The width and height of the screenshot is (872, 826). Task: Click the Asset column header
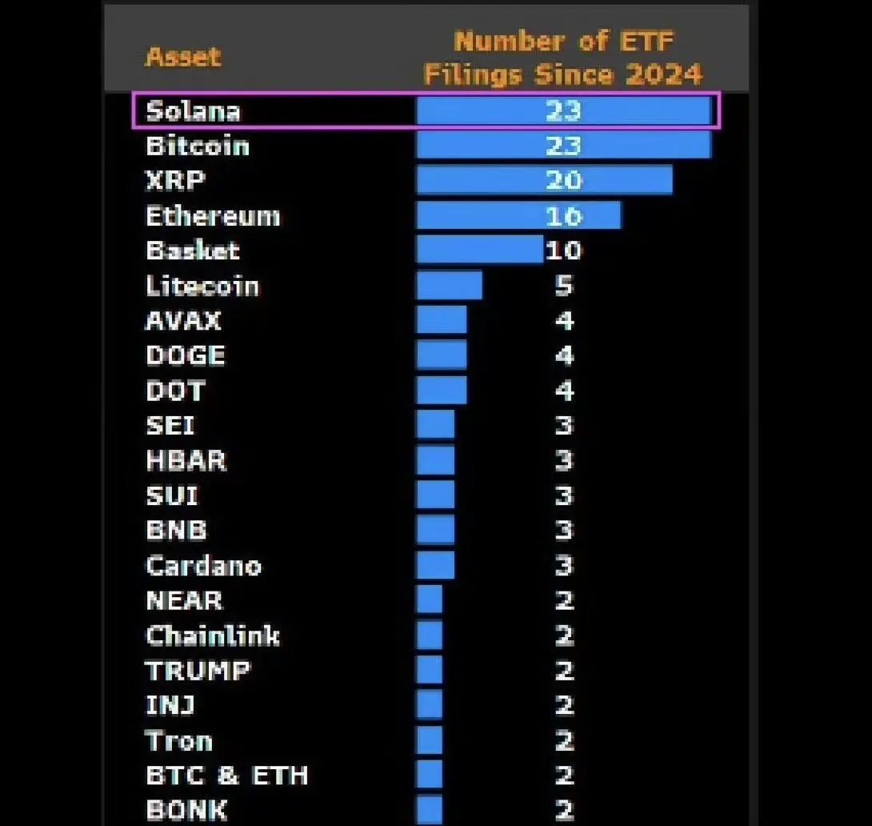tap(183, 57)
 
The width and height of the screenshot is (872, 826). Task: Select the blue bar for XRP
tap(544, 180)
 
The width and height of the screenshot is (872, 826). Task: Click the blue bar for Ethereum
tap(518, 215)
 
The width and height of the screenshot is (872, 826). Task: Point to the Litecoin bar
tap(449, 286)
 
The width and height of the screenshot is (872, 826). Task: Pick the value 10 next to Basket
tap(563, 251)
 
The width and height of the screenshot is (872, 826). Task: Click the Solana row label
tap(193, 110)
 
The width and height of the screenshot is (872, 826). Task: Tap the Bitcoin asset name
tap(198, 146)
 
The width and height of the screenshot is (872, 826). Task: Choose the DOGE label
tap(186, 355)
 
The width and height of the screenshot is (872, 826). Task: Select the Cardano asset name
tap(203, 566)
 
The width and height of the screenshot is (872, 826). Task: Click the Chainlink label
tap(213, 636)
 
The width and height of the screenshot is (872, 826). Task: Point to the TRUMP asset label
tap(198, 671)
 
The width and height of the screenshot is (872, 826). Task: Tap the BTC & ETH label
tap(226, 776)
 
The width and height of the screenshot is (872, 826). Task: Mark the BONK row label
tap(186, 810)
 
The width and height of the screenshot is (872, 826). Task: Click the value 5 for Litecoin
tap(564, 286)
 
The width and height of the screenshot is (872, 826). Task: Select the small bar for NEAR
tap(430, 600)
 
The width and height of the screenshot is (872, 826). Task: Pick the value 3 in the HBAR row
tap(564, 461)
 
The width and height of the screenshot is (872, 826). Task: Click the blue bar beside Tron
tap(430, 740)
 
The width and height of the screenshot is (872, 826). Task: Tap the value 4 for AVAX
tap(564, 321)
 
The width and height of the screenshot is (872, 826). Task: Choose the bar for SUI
tap(435, 495)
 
